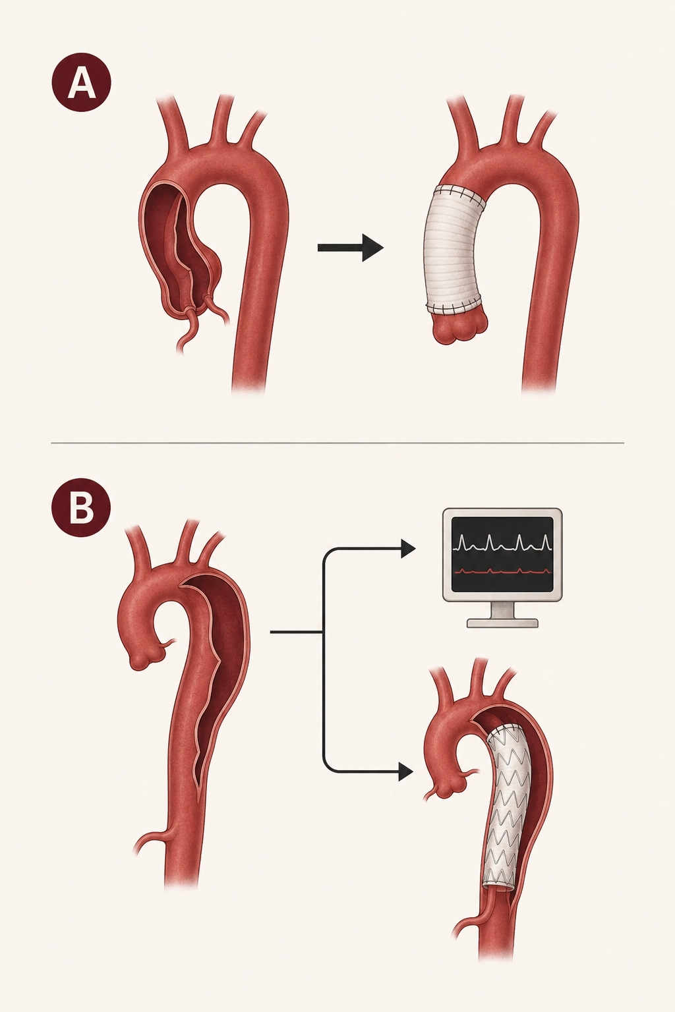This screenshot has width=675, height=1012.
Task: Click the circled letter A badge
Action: (81, 82)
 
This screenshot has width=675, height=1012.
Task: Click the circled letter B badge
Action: (81, 507)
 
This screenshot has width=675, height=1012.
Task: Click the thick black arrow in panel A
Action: (351, 248)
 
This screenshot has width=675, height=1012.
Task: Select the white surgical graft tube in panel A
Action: (454, 251)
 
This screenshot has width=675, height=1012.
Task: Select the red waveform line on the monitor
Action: (502, 571)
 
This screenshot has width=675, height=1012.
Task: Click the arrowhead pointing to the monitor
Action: (408, 549)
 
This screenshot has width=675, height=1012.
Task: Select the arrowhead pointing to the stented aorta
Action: (405, 772)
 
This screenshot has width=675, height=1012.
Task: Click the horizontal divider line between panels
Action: (337, 443)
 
